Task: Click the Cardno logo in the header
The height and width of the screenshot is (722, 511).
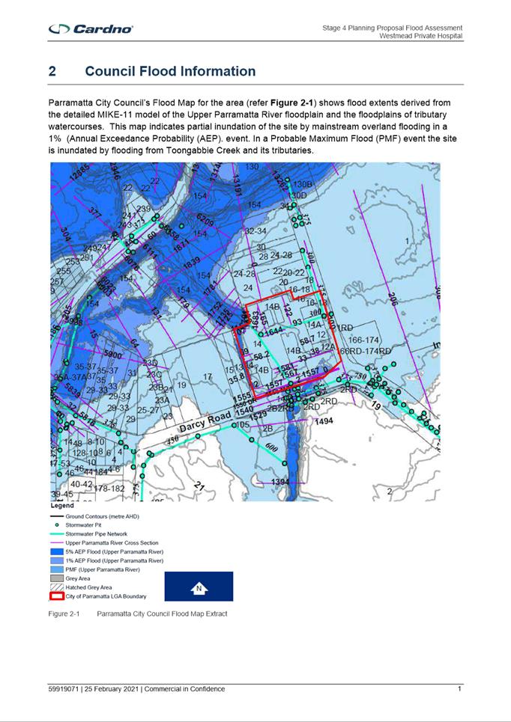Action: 91,29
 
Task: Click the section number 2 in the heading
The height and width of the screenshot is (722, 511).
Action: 52,72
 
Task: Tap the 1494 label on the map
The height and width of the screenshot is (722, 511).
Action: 324,422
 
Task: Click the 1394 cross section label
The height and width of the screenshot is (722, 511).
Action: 280,481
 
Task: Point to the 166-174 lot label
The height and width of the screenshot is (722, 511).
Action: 365,340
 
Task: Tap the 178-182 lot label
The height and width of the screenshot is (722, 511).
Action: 109,489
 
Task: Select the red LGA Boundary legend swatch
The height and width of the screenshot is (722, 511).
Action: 56,596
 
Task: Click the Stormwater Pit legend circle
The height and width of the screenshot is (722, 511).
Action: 56,525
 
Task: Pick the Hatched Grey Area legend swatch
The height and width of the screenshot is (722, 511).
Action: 56,587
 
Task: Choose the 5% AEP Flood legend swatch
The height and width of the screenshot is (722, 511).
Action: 56,551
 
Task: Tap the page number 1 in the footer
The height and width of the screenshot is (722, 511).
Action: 459,689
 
